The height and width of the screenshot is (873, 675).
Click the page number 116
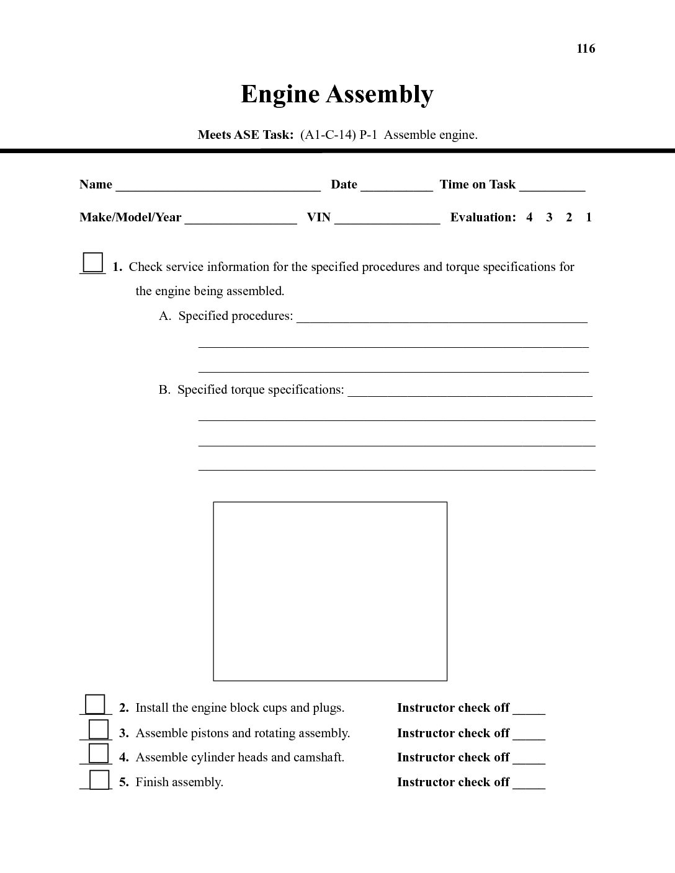586,49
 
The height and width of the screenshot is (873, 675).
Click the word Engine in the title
280,94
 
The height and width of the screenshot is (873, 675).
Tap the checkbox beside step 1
93,262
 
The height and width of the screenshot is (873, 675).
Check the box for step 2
95,704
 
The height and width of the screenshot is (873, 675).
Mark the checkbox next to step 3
99,729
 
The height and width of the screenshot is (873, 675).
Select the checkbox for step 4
99,753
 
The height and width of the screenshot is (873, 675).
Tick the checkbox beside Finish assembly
99,779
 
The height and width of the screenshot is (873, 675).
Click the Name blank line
218,186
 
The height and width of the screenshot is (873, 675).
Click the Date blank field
396,186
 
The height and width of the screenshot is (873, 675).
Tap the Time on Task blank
552,186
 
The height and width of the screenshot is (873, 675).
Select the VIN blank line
387,219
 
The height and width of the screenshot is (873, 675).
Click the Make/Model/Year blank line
241,219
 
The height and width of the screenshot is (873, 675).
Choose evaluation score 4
529,218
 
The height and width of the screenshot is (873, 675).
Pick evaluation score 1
589,218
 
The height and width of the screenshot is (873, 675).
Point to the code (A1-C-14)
328,135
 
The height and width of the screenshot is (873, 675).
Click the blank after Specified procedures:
442,317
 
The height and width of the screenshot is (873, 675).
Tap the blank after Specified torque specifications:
470,391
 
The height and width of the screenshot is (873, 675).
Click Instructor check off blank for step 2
529,709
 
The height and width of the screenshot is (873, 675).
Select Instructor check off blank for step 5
529,784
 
